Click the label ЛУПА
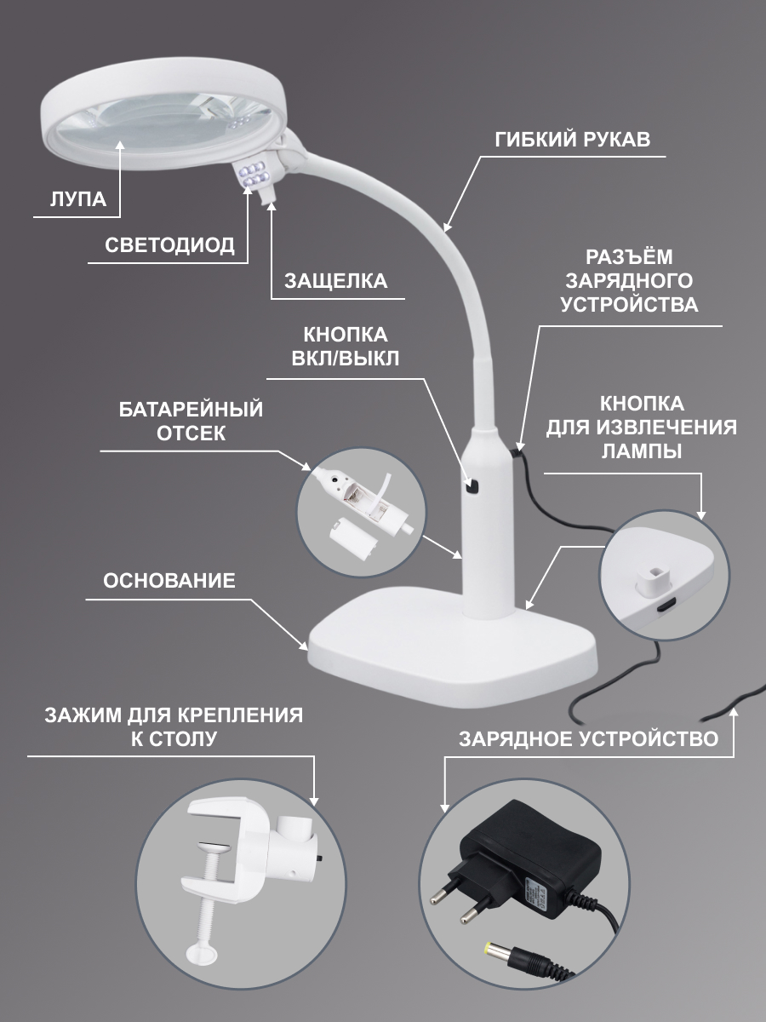pyautogui.click(x=78, y=199)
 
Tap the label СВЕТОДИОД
pyautogui.click(x=169, y=245)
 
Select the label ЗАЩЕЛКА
pyautogui.click(x=336, y=281)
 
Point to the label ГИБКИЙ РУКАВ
pyautogui.click(x=573, y=139)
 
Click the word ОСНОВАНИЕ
pyautogui.click(x=169, y=581)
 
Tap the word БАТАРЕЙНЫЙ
pyautogui.click(x=191, y=410)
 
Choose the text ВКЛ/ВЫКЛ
pyautogui.click(x=345, y=359)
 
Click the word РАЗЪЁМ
pyautogui.click(x=629, y=257)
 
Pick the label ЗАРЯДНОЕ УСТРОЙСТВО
pyautogui.click(x=589, y=739)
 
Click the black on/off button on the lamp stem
pyautogui.click(x=472, y=487)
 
